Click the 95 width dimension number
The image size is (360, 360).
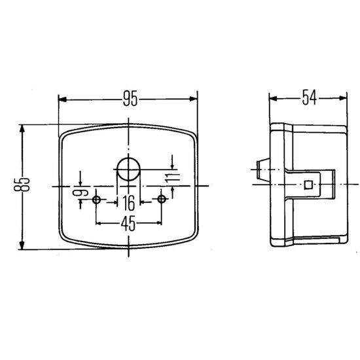(130, 99)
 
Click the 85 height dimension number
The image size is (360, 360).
(22, 184)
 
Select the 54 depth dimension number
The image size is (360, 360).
(309, 98)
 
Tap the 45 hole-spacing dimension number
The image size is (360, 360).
(128, 223)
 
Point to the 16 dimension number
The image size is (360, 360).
(128, 203)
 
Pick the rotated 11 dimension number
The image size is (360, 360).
(173, 177)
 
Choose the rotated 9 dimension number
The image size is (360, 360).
(81, 192)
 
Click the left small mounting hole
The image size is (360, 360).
(96, 200)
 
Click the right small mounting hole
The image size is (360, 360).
(162, 199)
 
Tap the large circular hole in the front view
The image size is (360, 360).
(128, 169)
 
